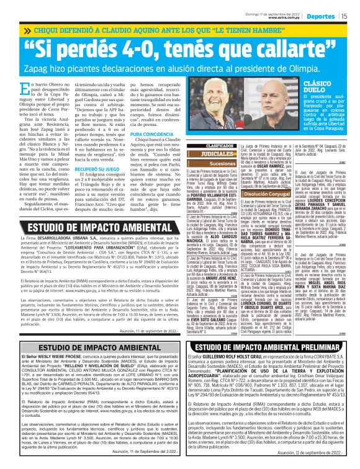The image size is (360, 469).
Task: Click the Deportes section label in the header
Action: pos(321,16)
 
